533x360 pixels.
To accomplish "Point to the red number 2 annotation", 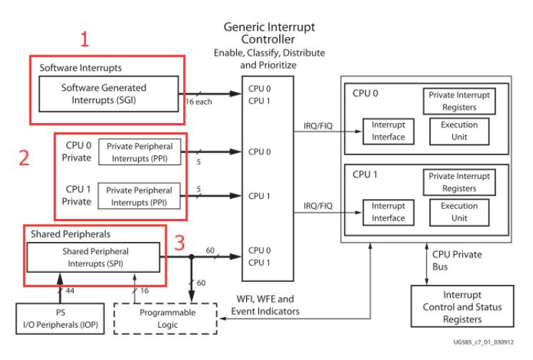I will tap(24, 157).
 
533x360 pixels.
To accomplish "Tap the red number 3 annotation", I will tap(180, 243).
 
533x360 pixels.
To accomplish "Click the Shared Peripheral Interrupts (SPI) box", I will tap(93, 258).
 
